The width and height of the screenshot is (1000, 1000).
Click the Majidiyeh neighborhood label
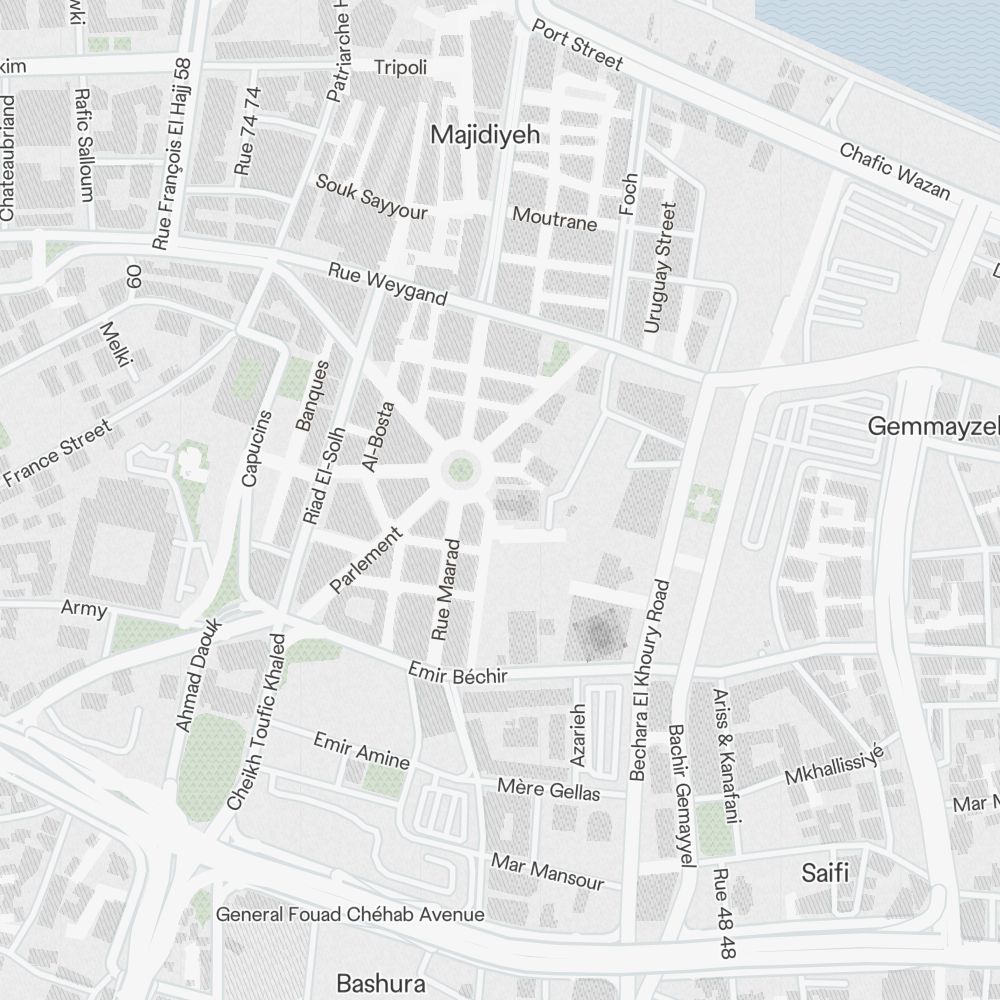477,135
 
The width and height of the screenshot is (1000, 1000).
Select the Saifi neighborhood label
825,872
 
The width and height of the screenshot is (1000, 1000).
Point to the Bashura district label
380,983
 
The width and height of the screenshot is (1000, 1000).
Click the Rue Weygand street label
388,285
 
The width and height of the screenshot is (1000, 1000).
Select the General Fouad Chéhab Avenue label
350,914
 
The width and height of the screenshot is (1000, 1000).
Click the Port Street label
577,46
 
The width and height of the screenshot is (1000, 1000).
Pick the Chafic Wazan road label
894,171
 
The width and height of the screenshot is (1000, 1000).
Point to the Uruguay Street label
659,268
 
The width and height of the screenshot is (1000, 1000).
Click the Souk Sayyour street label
371,197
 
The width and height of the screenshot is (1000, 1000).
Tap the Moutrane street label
554,218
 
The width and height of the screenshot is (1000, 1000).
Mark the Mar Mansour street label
547,870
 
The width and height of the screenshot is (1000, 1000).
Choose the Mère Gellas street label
549,789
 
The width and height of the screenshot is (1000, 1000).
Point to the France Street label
56,454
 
